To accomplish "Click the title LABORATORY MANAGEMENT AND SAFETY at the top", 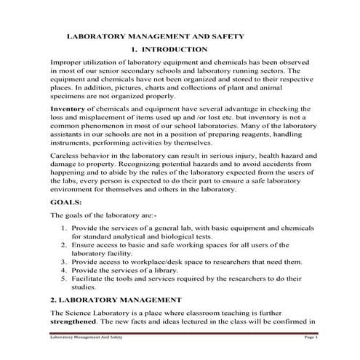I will tap(155, 35).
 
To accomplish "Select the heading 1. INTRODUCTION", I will tap(169, 49).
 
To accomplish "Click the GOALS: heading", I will tap(65, 201).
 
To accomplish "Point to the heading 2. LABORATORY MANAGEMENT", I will tap(115, 300).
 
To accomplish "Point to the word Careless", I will tap(66, 156).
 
